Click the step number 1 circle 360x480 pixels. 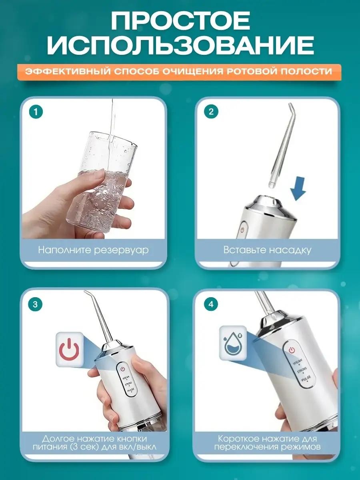[x=36, y=112]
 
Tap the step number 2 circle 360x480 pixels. [x=211, y=112]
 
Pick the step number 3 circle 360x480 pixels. [x=36, y=304]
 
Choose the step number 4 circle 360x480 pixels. [x=211, y=304]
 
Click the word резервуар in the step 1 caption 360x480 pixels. [x=121, y=250]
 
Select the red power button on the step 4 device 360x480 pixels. [x=291, y=350]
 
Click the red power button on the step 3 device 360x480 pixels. [x=123, y=369]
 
